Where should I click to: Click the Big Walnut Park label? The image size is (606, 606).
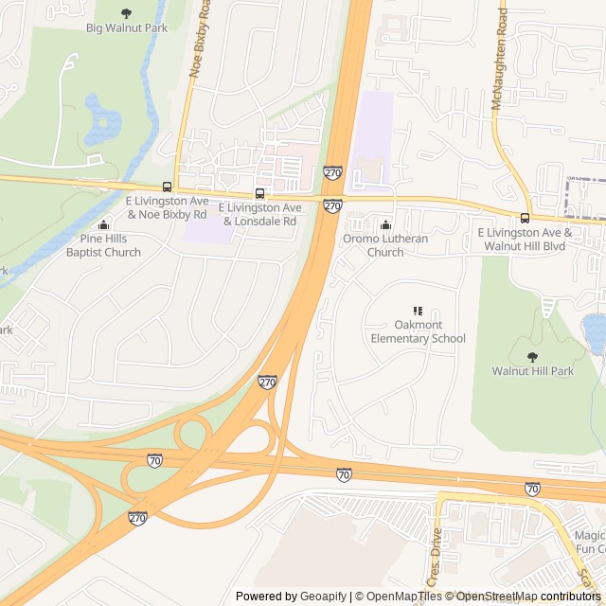(x=127, y=28)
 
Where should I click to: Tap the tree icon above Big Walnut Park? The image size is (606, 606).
(x=127, y=13)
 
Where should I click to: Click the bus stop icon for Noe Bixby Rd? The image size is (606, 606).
(x=168, y=187)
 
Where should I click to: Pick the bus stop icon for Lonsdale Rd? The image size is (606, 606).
(x=259, y=193)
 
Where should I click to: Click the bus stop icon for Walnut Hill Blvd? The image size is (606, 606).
(x=526, y=218)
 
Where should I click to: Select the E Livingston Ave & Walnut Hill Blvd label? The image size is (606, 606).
(x=525, y=239)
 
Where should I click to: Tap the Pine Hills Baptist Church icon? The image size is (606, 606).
(x=104, y=224)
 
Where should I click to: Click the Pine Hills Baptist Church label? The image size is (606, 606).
(x=104, y=245)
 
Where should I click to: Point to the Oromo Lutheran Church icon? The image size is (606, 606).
(x=385, y=224)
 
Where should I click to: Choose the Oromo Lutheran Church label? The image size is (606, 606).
(x=385, y=245)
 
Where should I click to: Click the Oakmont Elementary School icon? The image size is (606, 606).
(x=418, y=311)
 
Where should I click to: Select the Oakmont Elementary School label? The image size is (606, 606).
(x=418, y=331)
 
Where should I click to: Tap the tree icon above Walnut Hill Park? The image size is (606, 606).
(x=532, y=357)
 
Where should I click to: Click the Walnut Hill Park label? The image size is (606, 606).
(x=532, y=371)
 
